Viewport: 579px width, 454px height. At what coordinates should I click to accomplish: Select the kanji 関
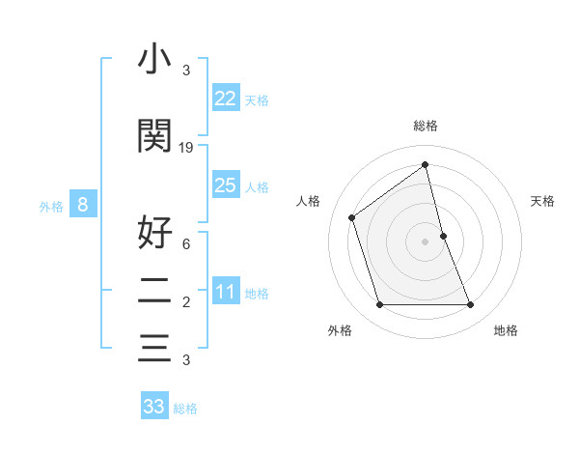point(154,136)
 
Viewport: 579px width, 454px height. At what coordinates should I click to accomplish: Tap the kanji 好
point(154,232)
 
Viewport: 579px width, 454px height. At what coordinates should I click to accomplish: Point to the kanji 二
point(154,292)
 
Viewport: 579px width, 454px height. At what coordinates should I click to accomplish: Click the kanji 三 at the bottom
point(154,348)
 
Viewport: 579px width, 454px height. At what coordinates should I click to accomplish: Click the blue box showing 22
point(226,99)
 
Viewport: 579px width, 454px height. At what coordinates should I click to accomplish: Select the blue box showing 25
point(226,185)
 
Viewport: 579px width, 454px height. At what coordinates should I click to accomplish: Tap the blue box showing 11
point(226,292)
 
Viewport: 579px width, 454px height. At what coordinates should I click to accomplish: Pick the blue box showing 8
point(83,205)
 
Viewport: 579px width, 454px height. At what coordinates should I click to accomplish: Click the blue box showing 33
point(154,407)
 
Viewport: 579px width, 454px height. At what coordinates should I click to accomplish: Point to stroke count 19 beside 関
point(186,148)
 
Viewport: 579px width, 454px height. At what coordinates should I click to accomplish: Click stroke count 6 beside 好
point(185,243)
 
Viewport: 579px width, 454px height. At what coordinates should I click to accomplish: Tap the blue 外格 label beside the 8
point(51,206)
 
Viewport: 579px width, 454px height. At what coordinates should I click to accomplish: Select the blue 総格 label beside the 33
point(185,409)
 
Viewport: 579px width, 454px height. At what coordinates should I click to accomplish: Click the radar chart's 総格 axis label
point(425,126)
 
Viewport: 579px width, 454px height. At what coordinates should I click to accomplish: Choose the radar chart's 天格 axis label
point(542,201)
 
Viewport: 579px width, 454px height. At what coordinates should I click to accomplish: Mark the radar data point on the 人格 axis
point(352,217)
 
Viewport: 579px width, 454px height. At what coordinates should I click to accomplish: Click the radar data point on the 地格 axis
point(471,305)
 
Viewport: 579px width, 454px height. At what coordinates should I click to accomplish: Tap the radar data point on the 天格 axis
point(443,236)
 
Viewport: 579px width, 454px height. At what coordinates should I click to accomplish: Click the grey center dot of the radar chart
point(425,241)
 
